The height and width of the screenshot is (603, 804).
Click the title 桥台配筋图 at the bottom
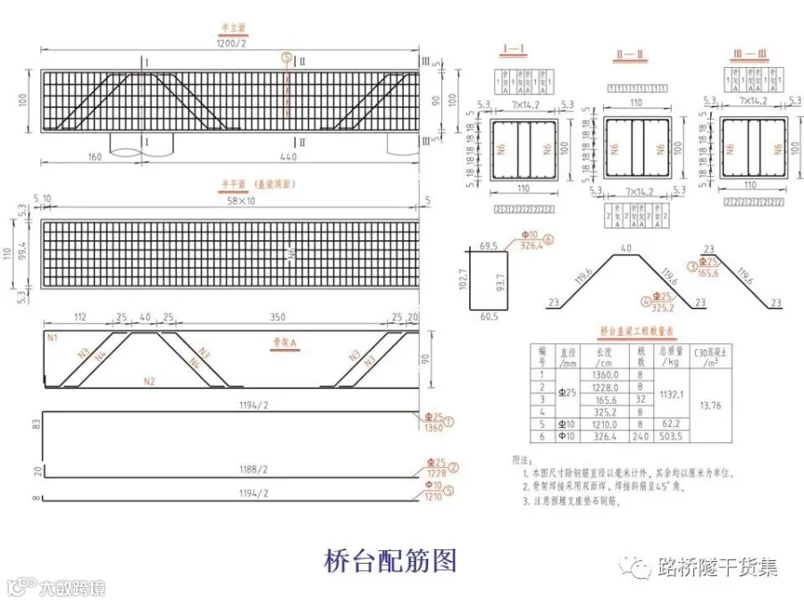[x=391, y=560]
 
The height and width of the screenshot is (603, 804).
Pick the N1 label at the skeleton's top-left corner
[x=51, y=339]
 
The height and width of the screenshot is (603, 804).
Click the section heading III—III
[x=749, y=54]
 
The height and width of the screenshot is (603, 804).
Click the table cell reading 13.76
[x=711, y=405]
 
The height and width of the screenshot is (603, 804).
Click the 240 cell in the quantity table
[x=641, y=436]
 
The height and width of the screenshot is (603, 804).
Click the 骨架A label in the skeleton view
[x=284, y=342]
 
